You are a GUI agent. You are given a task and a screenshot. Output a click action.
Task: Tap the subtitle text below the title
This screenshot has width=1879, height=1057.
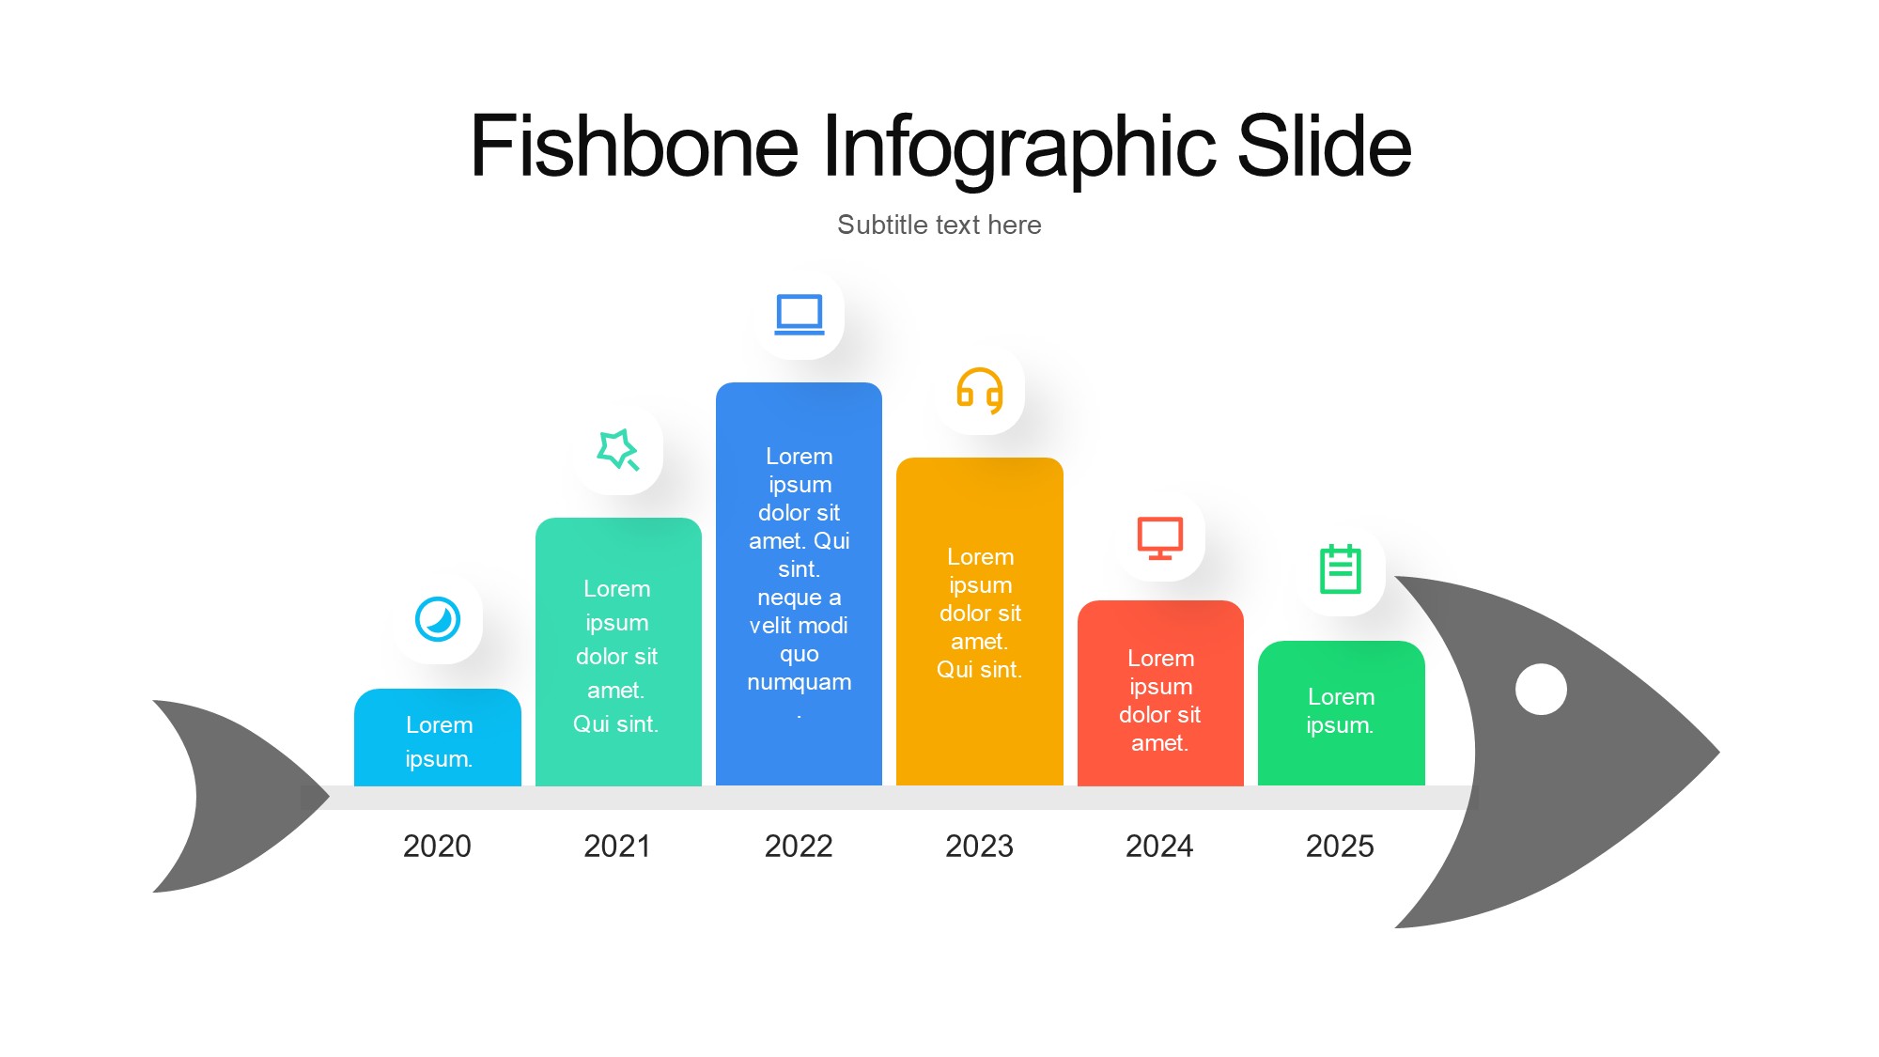point(939,225)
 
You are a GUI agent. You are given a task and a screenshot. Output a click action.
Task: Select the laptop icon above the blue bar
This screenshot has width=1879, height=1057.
point(800,315)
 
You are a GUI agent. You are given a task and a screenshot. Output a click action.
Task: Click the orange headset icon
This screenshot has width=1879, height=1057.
point(980,391)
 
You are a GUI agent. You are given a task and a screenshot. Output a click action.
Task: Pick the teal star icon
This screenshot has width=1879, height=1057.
point(617,449)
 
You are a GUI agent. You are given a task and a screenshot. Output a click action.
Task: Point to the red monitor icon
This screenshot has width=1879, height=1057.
point(1160,537)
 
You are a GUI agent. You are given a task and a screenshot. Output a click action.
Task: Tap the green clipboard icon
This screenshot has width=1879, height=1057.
point(1341,568)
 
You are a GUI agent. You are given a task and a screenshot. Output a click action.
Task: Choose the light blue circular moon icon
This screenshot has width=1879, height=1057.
point(438,619)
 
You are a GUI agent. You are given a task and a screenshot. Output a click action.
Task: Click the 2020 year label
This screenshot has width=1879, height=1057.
point(437,846)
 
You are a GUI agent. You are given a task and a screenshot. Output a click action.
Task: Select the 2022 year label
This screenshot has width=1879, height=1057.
point(799,846)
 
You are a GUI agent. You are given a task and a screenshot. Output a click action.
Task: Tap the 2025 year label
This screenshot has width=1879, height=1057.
point(1340,846)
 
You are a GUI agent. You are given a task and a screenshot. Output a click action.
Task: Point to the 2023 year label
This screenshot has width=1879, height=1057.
point(979,846)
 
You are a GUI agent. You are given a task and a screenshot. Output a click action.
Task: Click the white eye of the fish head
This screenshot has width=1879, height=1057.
point(1541,689)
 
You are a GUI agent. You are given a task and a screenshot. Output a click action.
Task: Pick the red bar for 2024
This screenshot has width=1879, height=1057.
point(1160,692)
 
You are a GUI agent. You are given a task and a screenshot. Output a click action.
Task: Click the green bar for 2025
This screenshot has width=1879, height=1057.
point(1342,713)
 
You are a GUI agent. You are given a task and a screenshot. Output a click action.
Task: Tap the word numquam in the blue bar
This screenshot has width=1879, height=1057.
point(800,682)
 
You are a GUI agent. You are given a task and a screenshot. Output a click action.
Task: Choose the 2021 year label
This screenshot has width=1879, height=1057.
point(617,846)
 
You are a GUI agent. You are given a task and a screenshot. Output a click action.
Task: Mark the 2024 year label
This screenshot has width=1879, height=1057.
point(1159,846)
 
